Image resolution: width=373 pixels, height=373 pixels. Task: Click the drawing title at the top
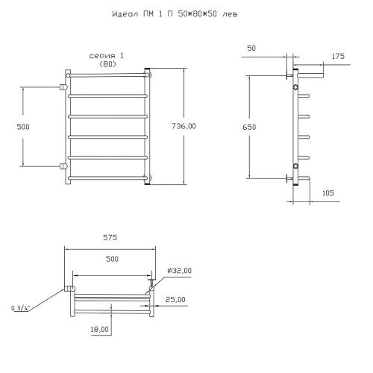pos(175,14)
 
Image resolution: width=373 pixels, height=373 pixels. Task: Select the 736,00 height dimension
pos(184,126)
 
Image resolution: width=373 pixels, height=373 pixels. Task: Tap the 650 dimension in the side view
pos(249,127)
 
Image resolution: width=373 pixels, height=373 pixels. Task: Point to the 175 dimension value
pos(338,56)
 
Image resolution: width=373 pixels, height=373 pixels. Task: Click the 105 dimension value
pos(328,193)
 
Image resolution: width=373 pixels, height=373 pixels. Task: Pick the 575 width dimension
pos(110,238)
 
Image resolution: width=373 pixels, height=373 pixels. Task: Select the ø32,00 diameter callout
pos(179,271)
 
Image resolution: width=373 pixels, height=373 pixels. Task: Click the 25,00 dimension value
pos(175,300)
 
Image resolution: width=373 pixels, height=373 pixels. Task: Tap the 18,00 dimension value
pos(99,330)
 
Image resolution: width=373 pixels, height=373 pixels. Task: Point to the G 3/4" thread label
pos(20,308)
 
